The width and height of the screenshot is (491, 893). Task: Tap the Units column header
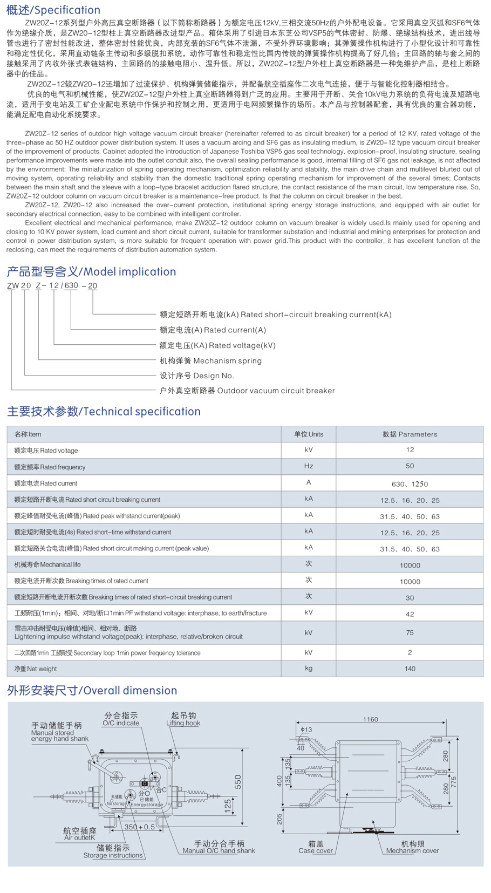(x=309, y=434)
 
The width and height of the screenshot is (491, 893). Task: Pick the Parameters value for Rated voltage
(x=410, y=450)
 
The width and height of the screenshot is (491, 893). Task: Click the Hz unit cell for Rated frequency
(x=309, y=466)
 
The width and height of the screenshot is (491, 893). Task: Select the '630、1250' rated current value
(x=410, y=484)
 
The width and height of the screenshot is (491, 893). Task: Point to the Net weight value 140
(x=410, y=669)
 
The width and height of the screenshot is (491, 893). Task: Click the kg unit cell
(x=309, y=668)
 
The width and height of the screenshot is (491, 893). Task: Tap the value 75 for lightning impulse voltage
(x=410, y=632)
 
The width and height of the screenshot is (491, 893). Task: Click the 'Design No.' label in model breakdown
(x=197, y=376)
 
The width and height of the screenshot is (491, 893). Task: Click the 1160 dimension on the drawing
(x=370, y=719)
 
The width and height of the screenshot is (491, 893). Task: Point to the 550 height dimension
(x=238, y=782)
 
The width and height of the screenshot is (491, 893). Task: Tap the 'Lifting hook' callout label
(x=183, y=723)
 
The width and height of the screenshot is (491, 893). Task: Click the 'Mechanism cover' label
(x=412, y=851)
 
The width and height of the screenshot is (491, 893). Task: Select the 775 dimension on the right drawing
(x=454, y=782)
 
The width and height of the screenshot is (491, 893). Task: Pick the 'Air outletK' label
(x=79, y=837)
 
